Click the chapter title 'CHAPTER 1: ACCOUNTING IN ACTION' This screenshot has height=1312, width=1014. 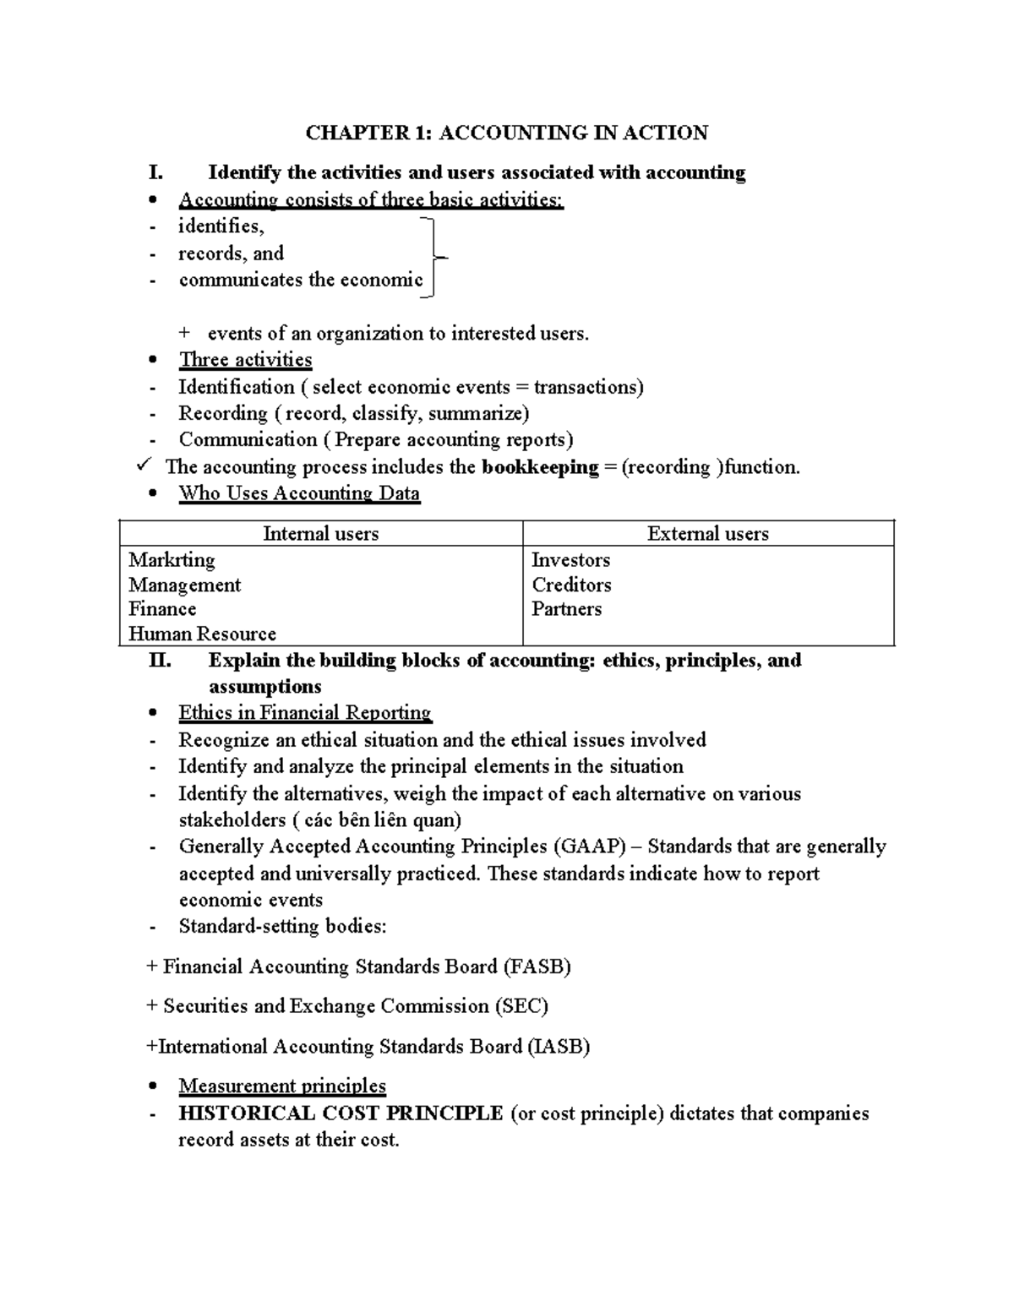point(506,133)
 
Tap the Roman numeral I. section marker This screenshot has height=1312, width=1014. point(155,173)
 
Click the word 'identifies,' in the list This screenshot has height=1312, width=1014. point(221,226)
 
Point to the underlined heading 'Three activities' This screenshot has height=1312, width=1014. point(245,360)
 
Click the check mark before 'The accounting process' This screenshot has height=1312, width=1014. point(144,465)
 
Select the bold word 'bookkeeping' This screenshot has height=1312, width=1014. point(540,467)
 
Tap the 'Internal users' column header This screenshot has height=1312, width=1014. point(320,534)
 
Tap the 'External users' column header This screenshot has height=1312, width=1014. point(707,534)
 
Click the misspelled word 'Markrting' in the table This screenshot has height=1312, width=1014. point(172,560)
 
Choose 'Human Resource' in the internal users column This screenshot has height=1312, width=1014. point(202,634)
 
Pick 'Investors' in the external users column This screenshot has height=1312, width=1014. point(570,560)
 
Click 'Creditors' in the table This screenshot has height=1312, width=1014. point(571,585)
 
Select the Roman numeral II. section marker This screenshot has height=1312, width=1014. point(160,661)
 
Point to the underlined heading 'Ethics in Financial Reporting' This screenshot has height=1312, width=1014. point(304,713)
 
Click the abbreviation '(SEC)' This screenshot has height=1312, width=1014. point(521,1006)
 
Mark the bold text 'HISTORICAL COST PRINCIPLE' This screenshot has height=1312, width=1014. point(341,1113)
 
